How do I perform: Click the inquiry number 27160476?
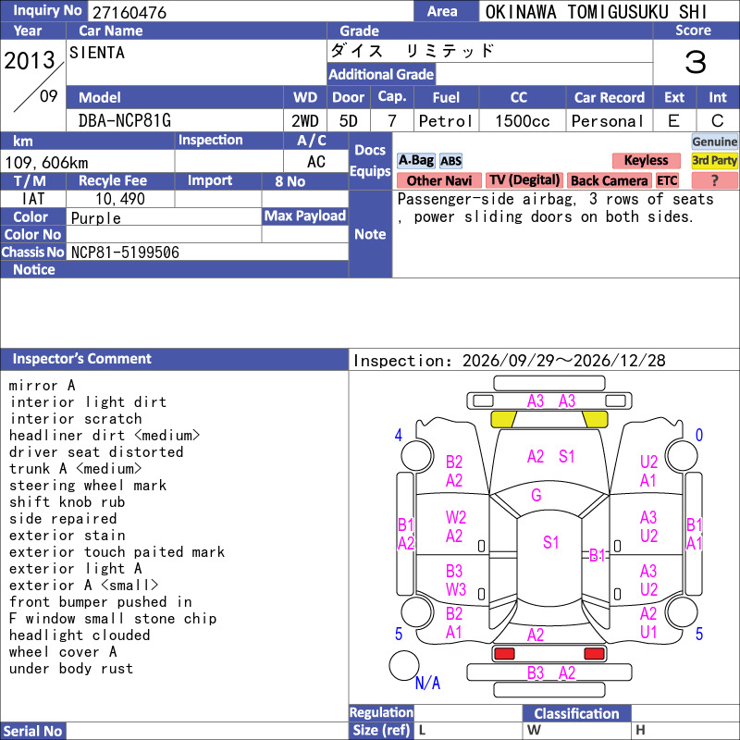tap(129, 12)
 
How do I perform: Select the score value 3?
tap(696, 62)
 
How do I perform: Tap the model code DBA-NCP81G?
tap(125, 121)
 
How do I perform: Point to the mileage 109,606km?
tap(46, 163)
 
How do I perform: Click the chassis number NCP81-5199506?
tap(125, 253)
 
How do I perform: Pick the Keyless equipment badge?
tap(646, 160)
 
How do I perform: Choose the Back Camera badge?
tap(610, 180)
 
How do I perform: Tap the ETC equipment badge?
tap(667, 180)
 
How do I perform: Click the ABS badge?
tap(451, 161)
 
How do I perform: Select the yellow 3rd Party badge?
tap(714, 160)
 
